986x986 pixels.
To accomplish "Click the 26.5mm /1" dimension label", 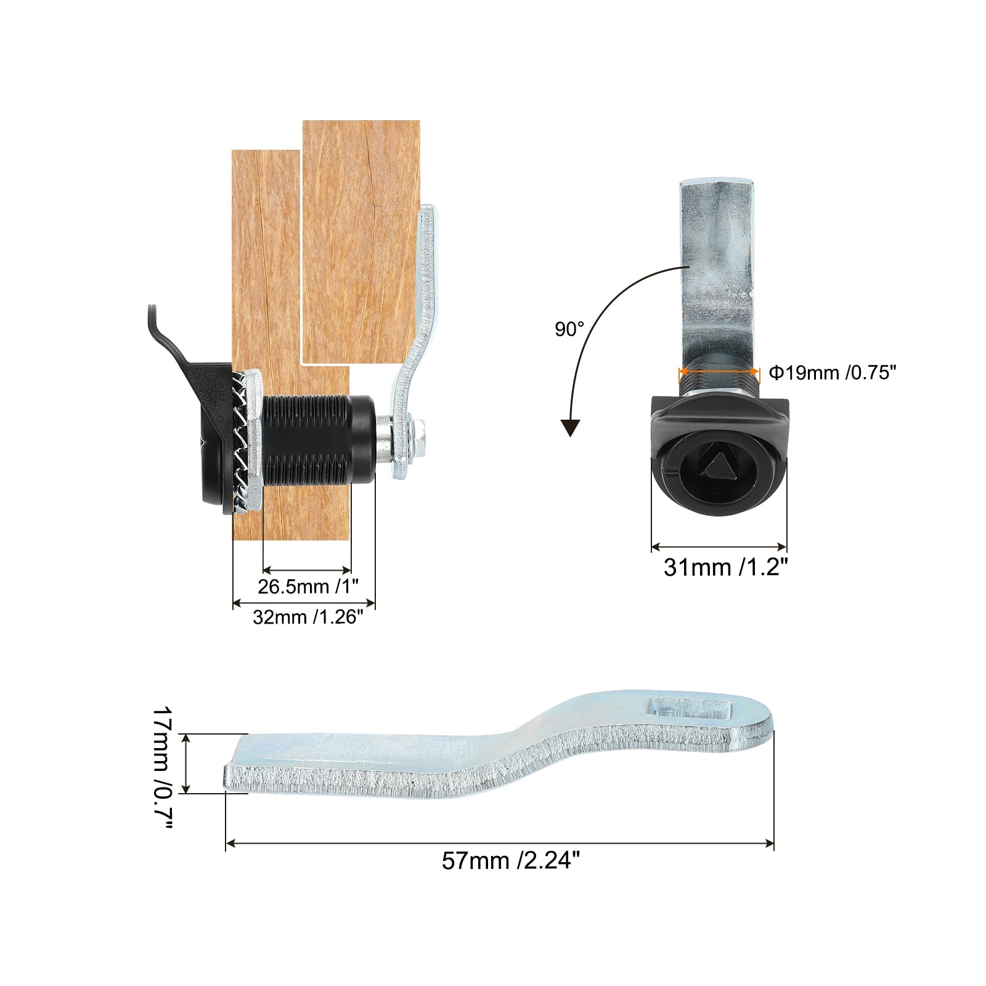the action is click(308, 586).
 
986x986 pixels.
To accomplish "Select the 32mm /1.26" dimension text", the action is click(304, 617).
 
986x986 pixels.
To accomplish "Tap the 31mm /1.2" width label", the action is click(726, 567).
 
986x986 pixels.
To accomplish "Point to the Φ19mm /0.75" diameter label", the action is click(832, 373).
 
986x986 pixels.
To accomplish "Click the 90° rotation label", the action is click(569, 330).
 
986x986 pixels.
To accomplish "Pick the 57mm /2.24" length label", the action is click(511, 860).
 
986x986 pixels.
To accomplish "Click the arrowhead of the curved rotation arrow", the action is click(571, 427).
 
